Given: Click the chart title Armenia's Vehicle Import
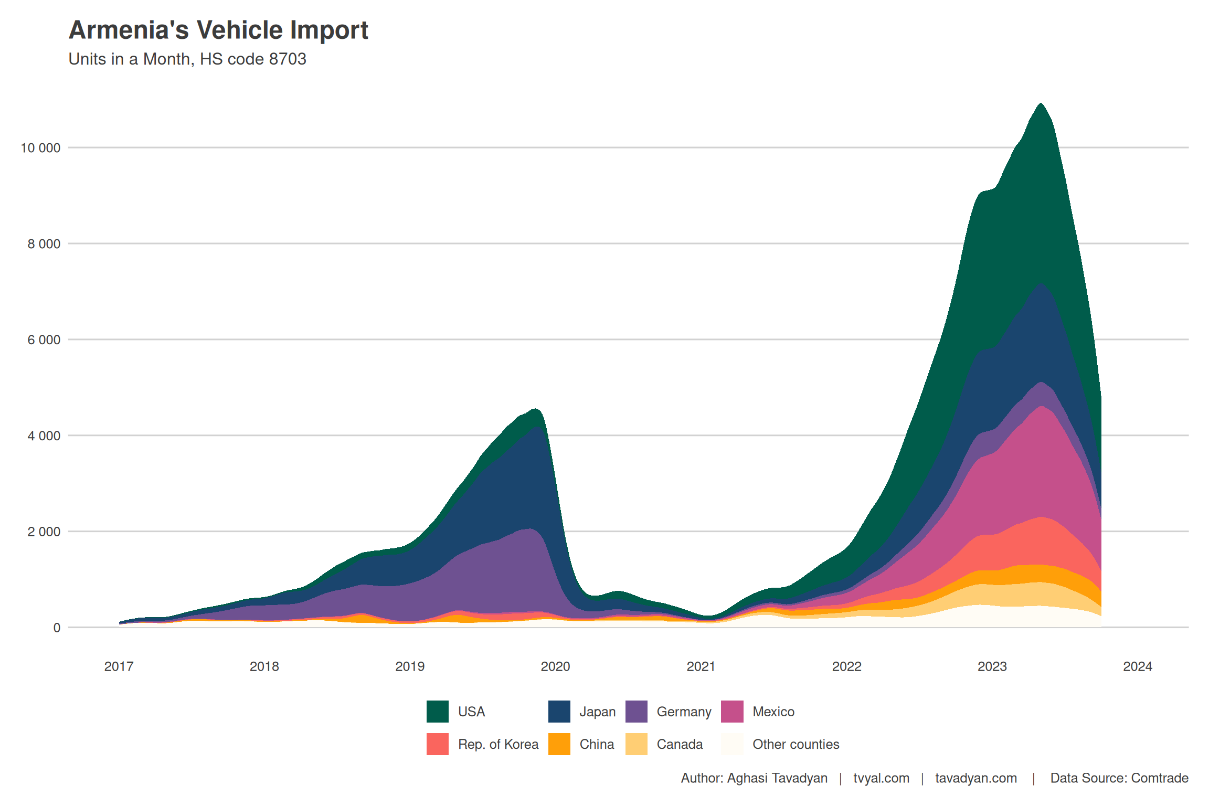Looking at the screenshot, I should (x=218, y=30).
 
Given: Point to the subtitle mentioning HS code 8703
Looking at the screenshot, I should (x=187, y=59).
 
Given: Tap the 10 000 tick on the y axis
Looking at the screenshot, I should (x=40, y=148).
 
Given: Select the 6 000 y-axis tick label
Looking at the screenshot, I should (x=44, y=340).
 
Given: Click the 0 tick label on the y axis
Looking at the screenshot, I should (x=57, y=628).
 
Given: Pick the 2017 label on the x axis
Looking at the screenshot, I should (x=119, y=666).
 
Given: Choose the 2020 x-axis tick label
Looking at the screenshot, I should (x=555, y=666).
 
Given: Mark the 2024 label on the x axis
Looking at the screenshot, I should (x=1137, y=666).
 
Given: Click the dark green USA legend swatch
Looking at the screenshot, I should (x=437, y=712).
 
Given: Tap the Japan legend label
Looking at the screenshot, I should (x=597, y=712).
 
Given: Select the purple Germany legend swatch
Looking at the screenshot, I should (x=636, y=712).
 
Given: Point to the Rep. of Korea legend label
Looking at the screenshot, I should (x=498, y=744).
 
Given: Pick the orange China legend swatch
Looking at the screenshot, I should (x=559, y=744).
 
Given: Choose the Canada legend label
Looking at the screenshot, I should (x=680, y=744).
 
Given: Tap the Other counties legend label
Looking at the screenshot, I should (x=796, y=744).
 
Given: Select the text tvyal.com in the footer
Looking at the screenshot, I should (x=881, y=778).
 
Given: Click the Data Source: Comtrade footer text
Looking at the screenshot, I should (x=1119, y=778).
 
